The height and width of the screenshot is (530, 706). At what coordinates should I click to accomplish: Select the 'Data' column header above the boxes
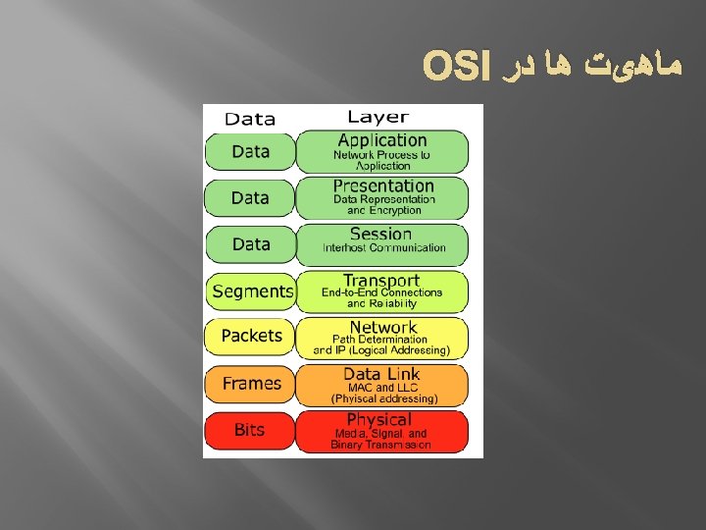[x=250, y=119]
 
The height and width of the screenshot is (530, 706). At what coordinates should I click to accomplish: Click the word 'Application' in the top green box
[x=382, y=140]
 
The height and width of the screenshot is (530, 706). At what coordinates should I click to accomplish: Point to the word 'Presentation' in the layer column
[x=382, y=185]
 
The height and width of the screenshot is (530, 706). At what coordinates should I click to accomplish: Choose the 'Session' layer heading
[x=380, y=234]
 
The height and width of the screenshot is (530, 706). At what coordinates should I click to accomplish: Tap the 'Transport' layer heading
[x=381, y=281]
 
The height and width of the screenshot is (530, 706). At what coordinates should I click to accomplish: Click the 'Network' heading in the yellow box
[x=382, y=327]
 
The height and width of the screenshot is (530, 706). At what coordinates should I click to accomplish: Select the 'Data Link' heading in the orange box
[x=381, y=374]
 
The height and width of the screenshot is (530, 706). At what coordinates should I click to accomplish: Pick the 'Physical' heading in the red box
[x=378, y=420]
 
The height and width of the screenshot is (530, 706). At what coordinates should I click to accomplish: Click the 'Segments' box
[x=251, y=291]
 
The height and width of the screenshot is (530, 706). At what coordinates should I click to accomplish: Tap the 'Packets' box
[x=251, y=336]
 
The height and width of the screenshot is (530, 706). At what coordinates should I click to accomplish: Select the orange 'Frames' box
[x=251, y=384]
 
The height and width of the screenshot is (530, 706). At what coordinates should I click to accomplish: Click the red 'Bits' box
[x=250, y=430]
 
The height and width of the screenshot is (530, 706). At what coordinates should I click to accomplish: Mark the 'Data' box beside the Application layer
[x=250, y=152]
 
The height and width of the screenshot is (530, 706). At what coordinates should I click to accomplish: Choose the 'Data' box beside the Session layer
[x=250, y=244]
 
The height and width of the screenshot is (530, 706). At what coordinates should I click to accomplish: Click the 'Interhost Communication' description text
[x=383, y=248]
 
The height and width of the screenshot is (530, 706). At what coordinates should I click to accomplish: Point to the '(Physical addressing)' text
[x=384, y=398]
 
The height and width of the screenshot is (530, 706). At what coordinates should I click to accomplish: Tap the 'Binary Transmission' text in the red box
[x=380, y=445]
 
